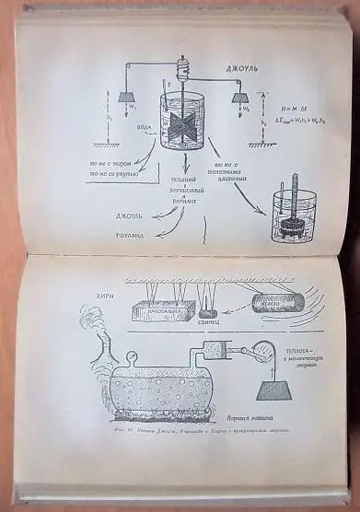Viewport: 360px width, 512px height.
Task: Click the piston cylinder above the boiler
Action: click(240, 351)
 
